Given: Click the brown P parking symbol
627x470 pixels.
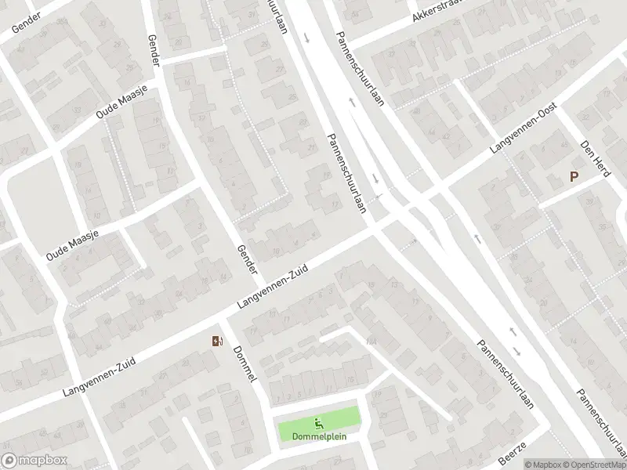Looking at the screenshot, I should coord(574,178).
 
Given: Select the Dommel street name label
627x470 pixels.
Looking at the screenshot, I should coord(246,364).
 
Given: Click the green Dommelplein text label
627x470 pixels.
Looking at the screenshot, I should coord(319,436).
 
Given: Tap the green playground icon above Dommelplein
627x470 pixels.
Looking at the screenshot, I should coord(319,423).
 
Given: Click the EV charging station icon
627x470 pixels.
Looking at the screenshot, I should coord(217,341).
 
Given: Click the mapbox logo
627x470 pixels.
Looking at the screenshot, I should coord(34,461).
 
